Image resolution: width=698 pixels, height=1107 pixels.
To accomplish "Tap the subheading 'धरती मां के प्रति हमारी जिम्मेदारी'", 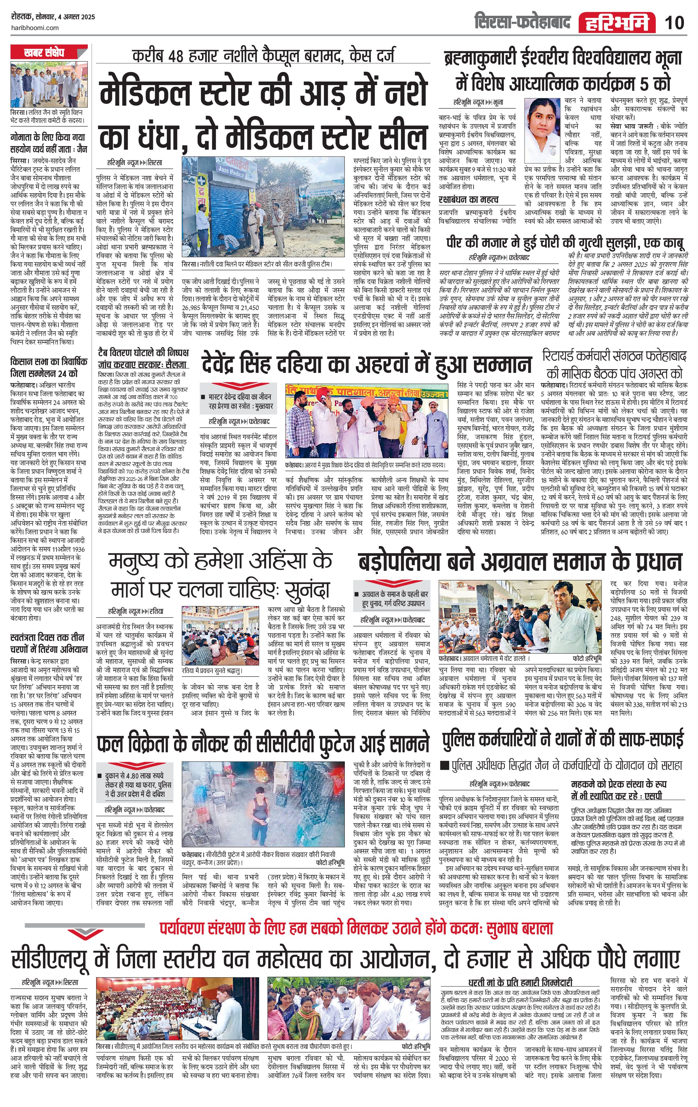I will point(520,982).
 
